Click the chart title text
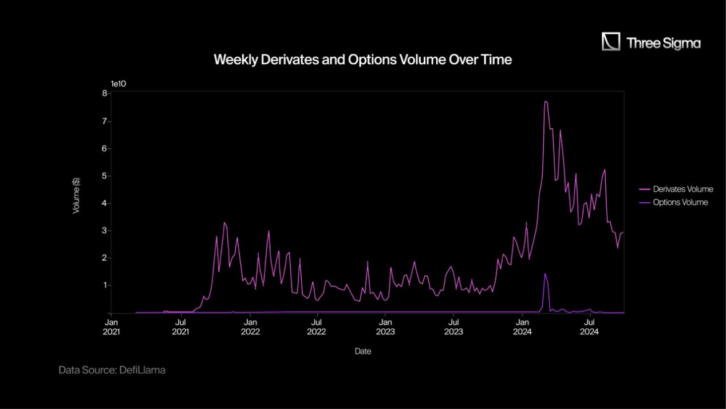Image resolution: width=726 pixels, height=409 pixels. pos(362,59)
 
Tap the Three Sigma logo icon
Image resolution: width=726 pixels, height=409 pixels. pos(611,42)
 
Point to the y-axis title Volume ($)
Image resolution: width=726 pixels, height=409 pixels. pos(76,196)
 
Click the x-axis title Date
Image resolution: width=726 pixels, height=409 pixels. pos(363,351)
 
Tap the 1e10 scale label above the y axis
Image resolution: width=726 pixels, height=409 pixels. pos(118,84)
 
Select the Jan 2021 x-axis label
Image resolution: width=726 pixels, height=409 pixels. pos(113,327)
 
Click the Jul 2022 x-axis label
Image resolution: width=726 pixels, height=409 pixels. pos(317,327)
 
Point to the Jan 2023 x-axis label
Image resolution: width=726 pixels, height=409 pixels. pos(385,327)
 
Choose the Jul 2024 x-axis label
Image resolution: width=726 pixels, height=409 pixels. pos(590,327)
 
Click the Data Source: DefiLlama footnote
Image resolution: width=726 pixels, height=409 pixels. pos(112,370)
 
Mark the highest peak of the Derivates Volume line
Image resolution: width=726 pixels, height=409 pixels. pos(545,101)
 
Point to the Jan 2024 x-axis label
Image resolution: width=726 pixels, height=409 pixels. pos(522,327)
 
